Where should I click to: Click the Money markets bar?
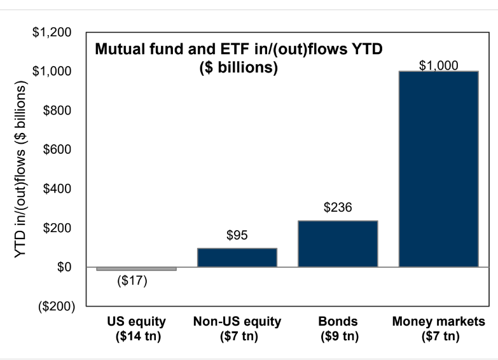tap(438, 169)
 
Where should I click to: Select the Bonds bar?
tap(338, 244)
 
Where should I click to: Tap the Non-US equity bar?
tap(237, 257)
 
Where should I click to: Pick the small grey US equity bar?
tap(136, 269)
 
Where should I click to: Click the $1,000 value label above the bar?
tap(439, 65)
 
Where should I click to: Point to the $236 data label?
tap(338, 208)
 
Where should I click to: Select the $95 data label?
tap(237, 236)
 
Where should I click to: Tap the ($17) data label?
tap(133, 281)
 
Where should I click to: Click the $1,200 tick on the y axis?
tap(52, 32)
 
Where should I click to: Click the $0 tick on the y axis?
tap(62, 267)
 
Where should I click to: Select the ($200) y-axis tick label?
tap(53, 307)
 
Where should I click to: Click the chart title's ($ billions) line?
tap(239, 68)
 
